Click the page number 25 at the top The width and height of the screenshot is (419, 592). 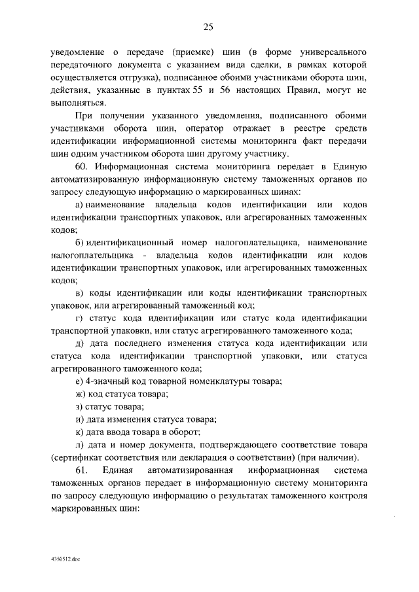pyautogui.click(x=209, y=27)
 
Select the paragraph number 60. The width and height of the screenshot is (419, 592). pyautogui.click(x=85, y=167)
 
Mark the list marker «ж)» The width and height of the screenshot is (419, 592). pyautogui.click(x=81, y=393)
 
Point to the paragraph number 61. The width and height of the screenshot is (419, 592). pyautogui.click(x=81, y=470)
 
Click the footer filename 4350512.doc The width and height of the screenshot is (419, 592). pyautogui.click(x=64, y=561)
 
